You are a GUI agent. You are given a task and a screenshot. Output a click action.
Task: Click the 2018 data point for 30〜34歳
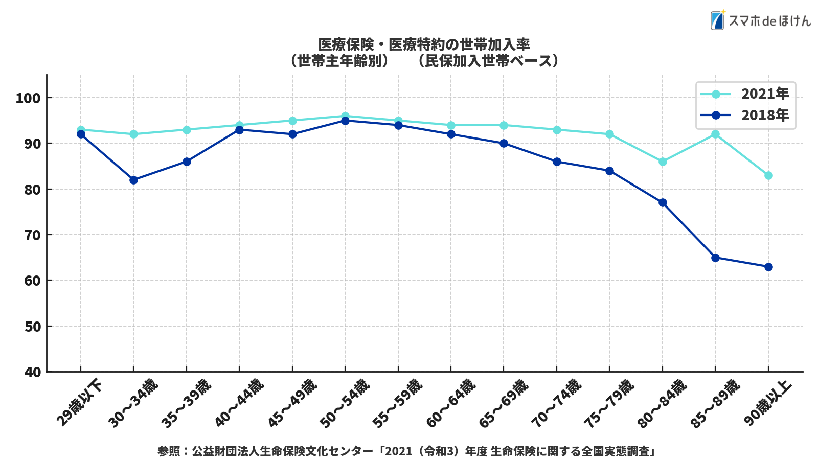(x=133, y=180)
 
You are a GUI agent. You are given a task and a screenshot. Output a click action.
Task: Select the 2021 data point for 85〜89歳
(x=715, y=134)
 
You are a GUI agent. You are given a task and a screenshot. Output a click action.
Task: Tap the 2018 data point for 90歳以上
(x=768, y=267)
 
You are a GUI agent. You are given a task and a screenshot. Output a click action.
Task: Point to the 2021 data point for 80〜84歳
(x=663, y=162)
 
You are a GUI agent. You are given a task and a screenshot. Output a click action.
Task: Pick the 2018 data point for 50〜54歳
(x=345, y=121)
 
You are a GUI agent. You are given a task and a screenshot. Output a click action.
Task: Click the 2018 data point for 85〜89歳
(x=715, y=258)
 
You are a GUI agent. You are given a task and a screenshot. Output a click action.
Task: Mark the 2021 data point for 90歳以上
(x=768, y=175)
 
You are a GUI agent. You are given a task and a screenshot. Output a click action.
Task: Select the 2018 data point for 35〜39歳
(x=187, y=162)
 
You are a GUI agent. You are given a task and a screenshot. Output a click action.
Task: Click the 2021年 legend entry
(x=745, y=94)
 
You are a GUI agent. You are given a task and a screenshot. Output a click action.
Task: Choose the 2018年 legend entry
(x=745, y=115)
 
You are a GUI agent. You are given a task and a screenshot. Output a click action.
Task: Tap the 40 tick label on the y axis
(x=32, y=372)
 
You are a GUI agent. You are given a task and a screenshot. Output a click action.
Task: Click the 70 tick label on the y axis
(x=32, y=235)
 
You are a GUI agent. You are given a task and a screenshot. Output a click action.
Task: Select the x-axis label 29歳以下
(x=79, y=402)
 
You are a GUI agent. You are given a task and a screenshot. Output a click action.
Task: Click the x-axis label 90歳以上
(x=767, y=402)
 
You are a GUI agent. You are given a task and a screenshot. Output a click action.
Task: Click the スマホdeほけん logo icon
(x=717, y=20)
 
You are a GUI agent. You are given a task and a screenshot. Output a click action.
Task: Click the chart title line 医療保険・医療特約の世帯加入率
(x=424, y=44)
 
